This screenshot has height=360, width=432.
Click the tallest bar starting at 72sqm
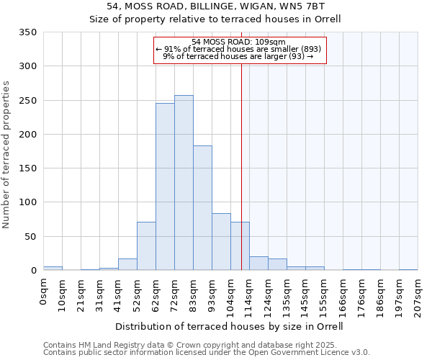[x=184, y=183]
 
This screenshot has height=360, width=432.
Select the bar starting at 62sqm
[x=165, y=186]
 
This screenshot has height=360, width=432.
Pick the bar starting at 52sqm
[x=146, y=246]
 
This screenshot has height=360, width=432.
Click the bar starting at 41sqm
[x=127, y=264]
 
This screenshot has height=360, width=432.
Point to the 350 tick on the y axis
[x=27, y=32]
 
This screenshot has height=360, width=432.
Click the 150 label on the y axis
[x=27, y=168]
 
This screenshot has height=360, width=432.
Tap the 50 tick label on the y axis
[x=30, y=236]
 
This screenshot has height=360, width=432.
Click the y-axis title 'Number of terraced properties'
[x=7, y=155]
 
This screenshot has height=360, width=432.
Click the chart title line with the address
[x=215, y=6]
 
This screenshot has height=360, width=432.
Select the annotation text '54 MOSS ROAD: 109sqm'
[x=239, y=42]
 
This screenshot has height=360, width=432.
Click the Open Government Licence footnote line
[x=207, y=352]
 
